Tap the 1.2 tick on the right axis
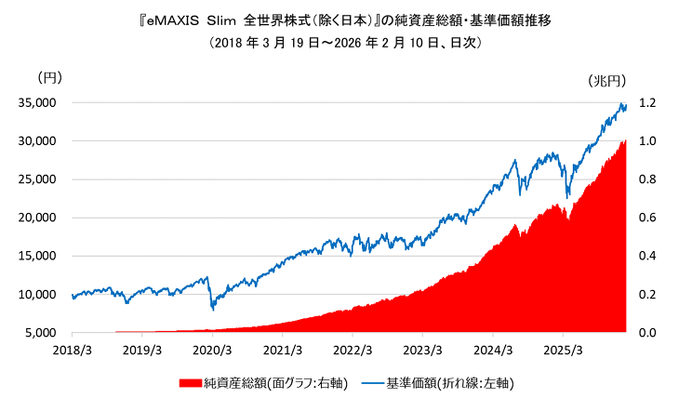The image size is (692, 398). pyautogui.click(x=647, y=102)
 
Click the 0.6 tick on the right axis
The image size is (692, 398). pyautogui.click(x=647, y=218)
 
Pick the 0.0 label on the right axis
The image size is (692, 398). pyautogui.click(x=647, y=332)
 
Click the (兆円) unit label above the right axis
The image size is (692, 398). pyautogui.click(x=608, y=81)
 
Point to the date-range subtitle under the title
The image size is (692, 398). pyautogui.click(x=345, y=43)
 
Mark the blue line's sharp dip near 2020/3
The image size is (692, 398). pyautogui.click(x=213, y=309)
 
